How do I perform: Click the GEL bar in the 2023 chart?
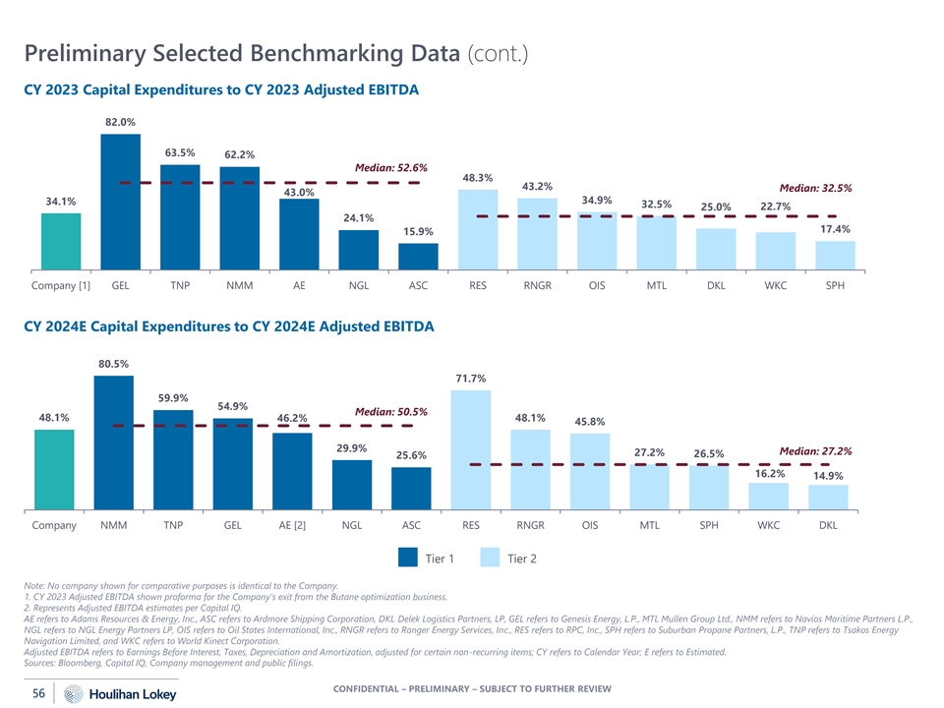coord(120,202)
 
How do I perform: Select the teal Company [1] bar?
coord(61,241)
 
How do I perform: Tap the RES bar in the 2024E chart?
coord(471,450)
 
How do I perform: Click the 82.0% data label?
coord(120,122)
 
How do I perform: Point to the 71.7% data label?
coord(471,379)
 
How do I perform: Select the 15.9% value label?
coord(418,231)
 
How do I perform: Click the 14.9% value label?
coord(828,476)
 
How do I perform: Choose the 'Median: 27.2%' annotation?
coord(814,451)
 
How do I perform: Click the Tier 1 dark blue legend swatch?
coord(410,559)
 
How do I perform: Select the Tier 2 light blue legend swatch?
coord(493,559)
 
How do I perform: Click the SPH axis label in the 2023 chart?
coord(835,286)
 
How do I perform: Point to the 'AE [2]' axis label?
coord(292,525)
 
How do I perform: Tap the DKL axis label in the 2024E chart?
coord(828,525)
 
